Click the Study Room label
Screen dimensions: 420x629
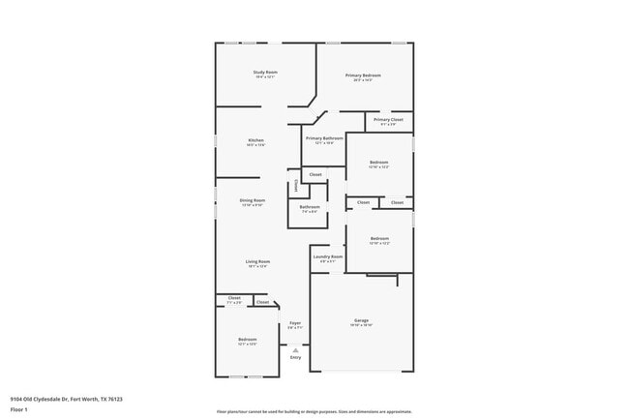(x=265, y=73)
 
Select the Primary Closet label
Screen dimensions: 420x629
(x=388, y=120)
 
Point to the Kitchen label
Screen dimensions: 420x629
(x=255, y=140)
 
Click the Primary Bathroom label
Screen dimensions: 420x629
(x=325, y=138)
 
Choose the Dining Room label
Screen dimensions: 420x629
(x=253, y=200)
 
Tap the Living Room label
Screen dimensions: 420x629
(x=257, y=261)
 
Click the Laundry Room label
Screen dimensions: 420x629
(x=327, y=256)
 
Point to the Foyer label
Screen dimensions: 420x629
(x=295, y=323)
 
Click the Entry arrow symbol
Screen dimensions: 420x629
(x=295, y=349)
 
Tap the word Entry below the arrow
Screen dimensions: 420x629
(x=295, y=357)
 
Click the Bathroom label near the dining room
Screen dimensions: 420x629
(x=310, y=206)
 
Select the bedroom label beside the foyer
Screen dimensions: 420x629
(x=248, y=340)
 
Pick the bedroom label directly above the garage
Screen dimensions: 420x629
(x=378, y=239)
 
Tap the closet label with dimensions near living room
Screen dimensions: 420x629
(x=234, y=298)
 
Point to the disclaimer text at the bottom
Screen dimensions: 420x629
(x=314, y=410)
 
